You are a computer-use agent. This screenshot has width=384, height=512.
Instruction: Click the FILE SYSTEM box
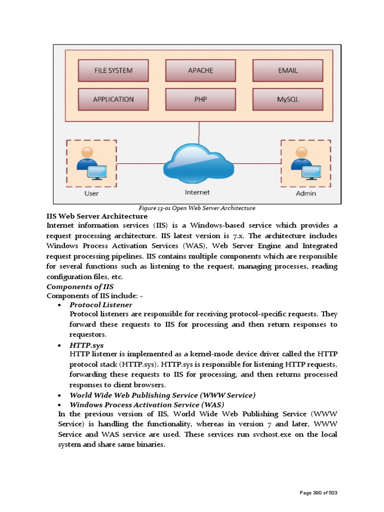click(113, 70)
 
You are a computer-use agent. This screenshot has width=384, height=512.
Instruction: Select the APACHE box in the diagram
click(200, 70)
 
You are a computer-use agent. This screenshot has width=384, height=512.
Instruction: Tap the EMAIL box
click(287, 70)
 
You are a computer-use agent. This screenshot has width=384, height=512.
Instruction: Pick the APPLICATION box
click(113, 99)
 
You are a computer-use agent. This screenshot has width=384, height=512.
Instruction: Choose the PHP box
click(200, 99)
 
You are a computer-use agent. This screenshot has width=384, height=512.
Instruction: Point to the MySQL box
click(287, 99)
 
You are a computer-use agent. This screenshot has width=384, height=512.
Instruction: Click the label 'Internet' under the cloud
click(197, 192)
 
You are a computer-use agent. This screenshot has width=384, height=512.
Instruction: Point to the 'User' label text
click(91, 193)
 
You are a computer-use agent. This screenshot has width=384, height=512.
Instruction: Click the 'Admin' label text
click(305, 193)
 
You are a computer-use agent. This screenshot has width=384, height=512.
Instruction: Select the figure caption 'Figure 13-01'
click(196, 208)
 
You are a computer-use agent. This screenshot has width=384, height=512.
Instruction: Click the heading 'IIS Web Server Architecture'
click(97, 216)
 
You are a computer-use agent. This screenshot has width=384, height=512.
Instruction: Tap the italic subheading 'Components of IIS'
click(80, 286)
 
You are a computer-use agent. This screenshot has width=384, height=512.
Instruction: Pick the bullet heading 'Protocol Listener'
click(100, 304)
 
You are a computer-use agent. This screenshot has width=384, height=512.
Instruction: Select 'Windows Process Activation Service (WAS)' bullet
click(146, 404)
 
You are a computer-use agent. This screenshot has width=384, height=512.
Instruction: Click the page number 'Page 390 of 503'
click(318, 493)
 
